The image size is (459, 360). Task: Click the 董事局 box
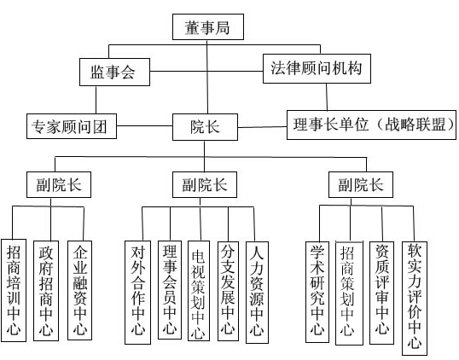[x=208, y=27]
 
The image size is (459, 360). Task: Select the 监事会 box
[x=114, y=72]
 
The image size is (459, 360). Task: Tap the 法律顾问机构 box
[x=317, y=68]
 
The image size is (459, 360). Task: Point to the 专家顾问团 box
[x=72, y=126]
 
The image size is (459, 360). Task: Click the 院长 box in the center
[x=205, y=127]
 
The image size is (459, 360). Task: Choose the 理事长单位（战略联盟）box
[x=371, y=125]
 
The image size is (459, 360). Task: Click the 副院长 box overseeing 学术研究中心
[x=361, y=184]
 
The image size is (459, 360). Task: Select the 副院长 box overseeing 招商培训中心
[x=59, y=184]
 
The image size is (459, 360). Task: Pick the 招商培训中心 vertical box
[x=14, y=290]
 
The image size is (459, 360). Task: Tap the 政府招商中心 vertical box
[x=46, y=291]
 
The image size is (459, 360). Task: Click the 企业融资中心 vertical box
[x=79, y=290]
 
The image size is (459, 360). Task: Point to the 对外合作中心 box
[x=137, y=293]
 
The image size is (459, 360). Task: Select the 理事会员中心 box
[x=170, y=290]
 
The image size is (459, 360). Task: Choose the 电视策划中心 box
[x=199, y=291]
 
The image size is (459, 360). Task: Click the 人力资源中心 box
[x=257, y=293]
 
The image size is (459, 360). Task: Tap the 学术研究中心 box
[x=317, y=292]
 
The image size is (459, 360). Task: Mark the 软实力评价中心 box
[x=415, y=299]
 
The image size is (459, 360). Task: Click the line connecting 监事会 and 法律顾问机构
[x=206, y=71]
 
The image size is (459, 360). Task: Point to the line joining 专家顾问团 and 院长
[x=144, y=126]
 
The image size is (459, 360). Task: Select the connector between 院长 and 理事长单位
[x=262, y=127]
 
